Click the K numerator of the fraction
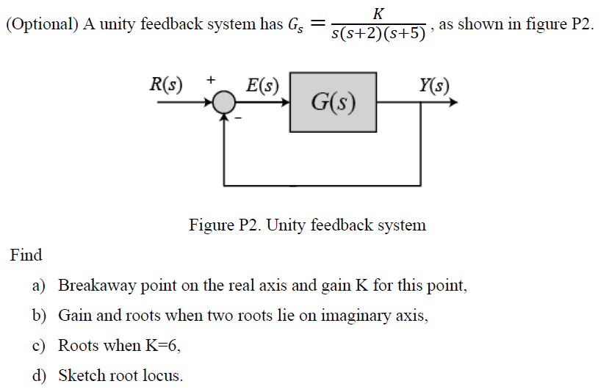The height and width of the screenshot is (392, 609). click(x=378, y=12)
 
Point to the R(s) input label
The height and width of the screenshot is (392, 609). click(x=167, y=84)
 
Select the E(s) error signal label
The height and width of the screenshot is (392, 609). click(x=262, y=85)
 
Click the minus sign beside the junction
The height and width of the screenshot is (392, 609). click(x=238, y=118)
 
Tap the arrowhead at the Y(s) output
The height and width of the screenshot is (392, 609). click(x=453, y=103)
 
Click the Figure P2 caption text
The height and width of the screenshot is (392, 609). click(x=307, y=225)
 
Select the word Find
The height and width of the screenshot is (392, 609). click(x=26, y=255)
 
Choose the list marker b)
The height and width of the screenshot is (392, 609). click(x=39, y=316)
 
